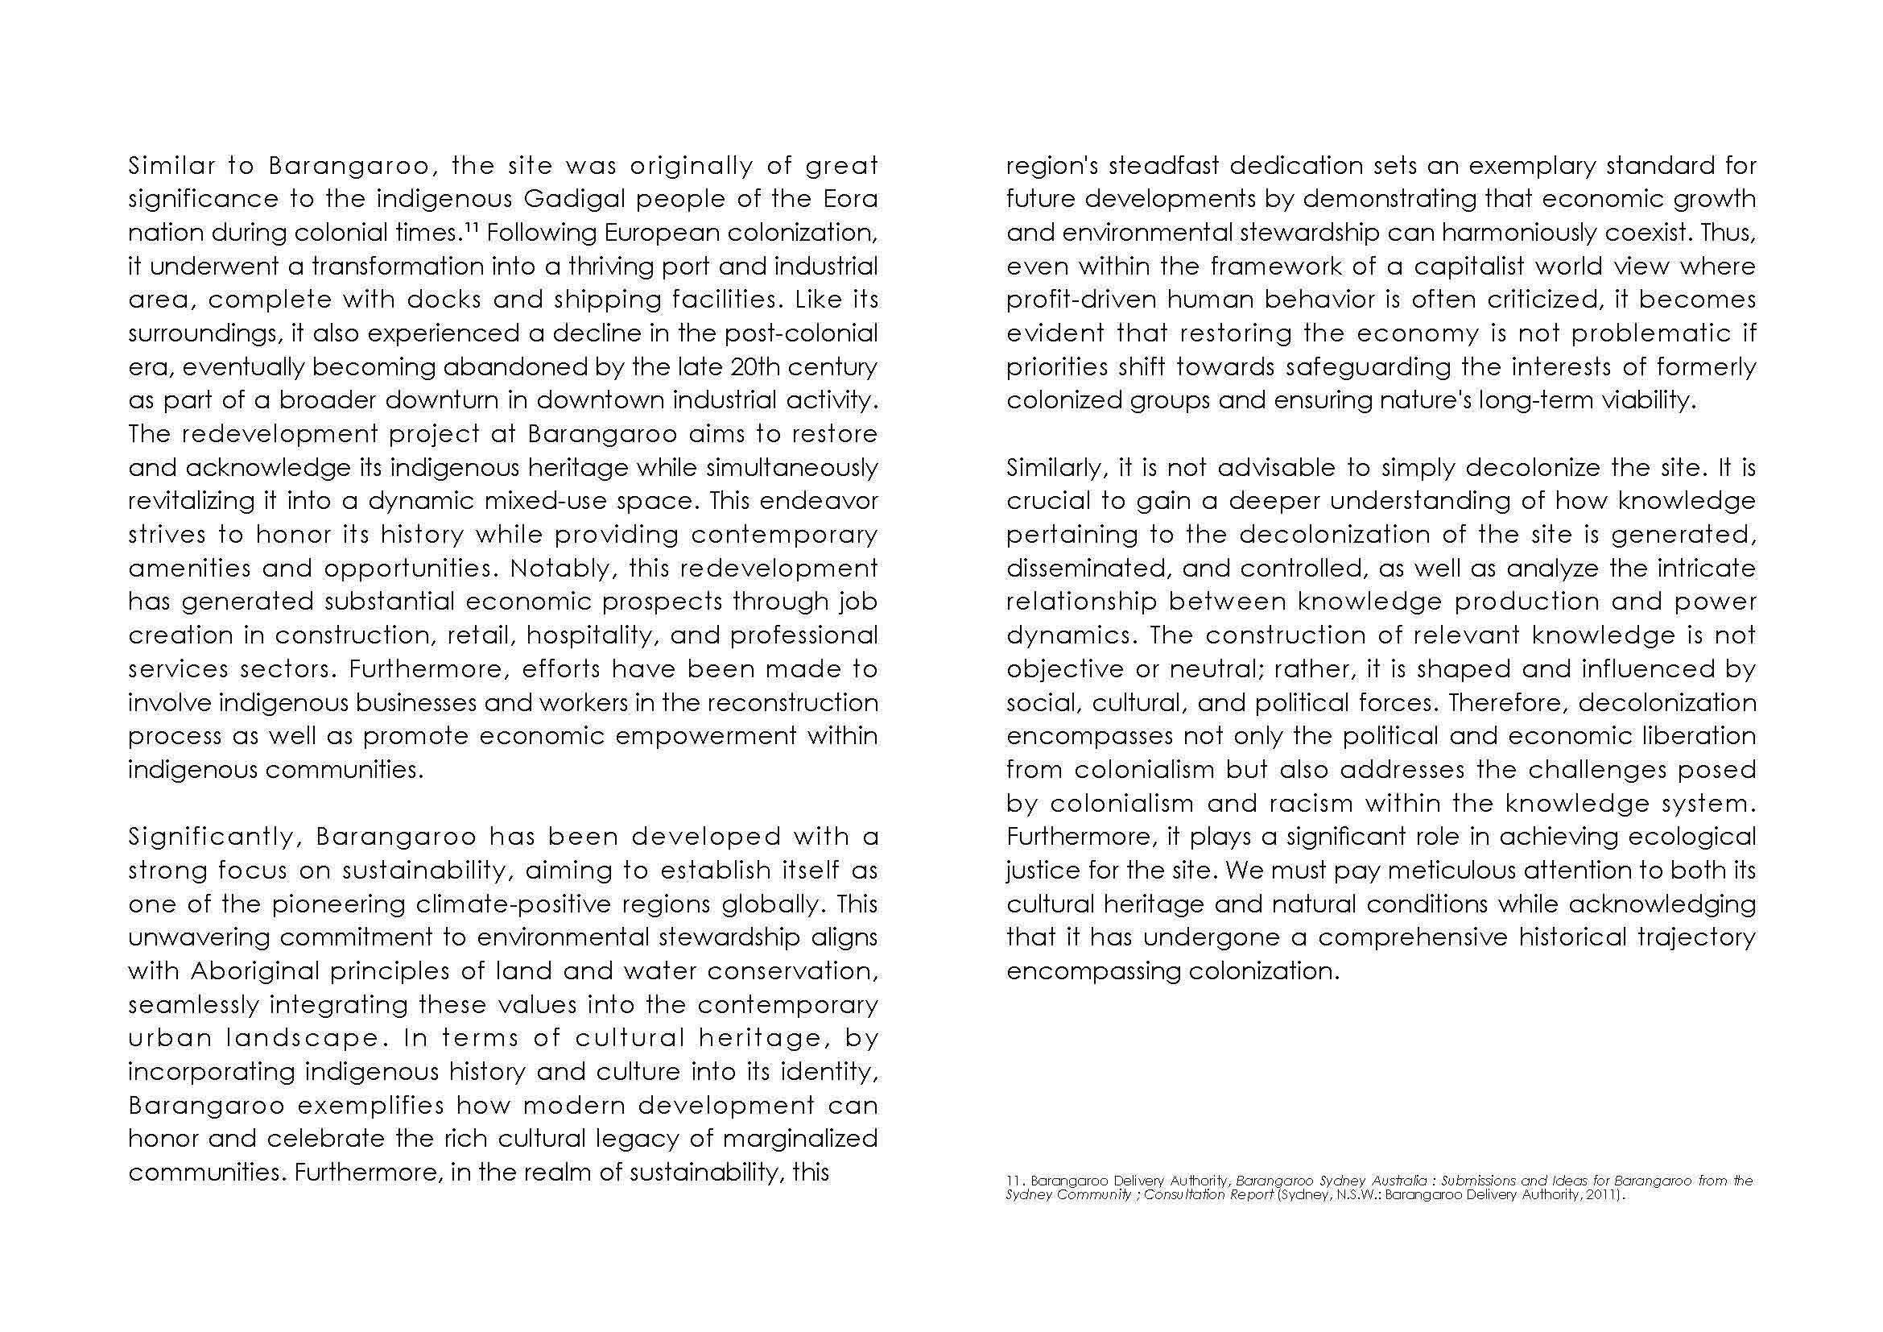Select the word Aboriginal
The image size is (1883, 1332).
coord(254,971)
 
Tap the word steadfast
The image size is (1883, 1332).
coord(1166,166)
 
